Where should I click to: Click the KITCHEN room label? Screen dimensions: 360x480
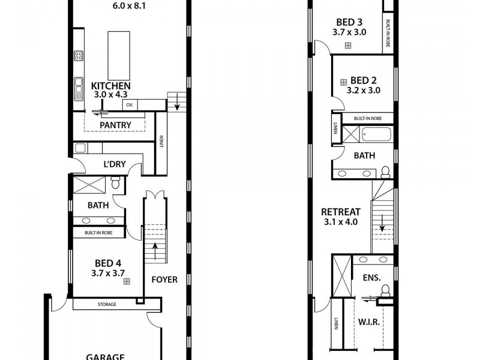point(110,86)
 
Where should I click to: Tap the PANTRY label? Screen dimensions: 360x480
point(115,125)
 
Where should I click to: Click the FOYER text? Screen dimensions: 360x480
point(164,280)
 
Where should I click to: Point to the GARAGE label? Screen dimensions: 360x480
point(105,356)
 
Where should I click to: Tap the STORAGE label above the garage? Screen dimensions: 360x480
point(107,305)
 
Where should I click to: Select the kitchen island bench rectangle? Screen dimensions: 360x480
point(118,55)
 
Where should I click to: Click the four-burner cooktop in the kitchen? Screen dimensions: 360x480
point(79,56)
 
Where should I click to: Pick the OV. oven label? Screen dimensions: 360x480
point(129,105)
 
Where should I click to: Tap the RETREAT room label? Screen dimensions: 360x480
point(340,212)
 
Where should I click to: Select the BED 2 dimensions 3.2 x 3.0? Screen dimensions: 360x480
point(364,91)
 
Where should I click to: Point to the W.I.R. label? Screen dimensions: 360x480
point(368,322)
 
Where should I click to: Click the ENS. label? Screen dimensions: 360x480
point(372,278)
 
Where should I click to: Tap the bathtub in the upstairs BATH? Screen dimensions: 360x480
point(376,134)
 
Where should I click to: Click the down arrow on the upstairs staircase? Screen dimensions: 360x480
point(382,229)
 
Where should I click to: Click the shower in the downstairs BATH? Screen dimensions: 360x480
point(91,184)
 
